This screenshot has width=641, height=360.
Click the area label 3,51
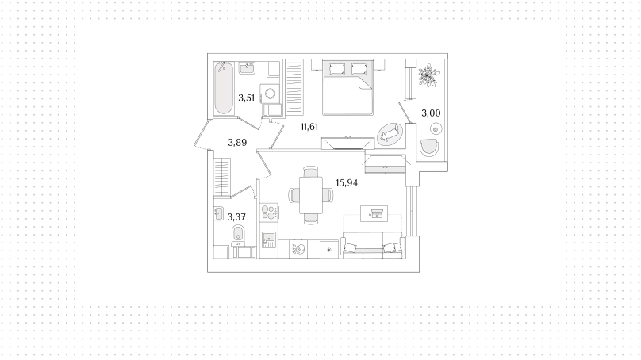point(247,98)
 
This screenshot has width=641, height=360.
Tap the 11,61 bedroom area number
point(309,127)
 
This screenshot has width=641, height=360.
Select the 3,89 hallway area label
point(237,143)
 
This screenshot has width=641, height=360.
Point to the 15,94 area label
point(347,182)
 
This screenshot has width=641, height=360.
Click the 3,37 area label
point(236,216)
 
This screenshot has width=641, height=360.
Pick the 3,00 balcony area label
point(431,113)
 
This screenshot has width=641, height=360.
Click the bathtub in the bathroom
point(224,88)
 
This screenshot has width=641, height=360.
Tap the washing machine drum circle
point(271,94)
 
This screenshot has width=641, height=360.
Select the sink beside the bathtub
point(247,68)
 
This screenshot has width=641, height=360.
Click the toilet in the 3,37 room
point(238,236)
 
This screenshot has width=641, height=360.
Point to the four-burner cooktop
point(270,213)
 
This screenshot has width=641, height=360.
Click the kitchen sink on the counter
point(269,239)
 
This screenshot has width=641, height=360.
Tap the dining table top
point(311,194)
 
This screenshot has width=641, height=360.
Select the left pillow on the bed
point(337,68)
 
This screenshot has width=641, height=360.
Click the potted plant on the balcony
point(429,75)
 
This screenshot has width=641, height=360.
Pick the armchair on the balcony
point(429,147)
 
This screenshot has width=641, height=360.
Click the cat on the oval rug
point(389,135)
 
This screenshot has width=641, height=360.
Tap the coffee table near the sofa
point(374,214)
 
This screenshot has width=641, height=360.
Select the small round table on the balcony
point(436,130)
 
